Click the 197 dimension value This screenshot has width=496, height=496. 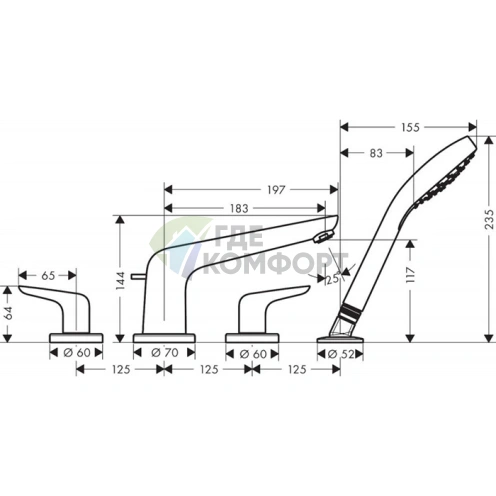pyautogui.click(x=276, y=190)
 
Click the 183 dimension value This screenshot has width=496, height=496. pyautogui.click(x=239, y=209)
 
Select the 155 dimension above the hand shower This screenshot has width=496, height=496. pyautogui.click(x=410, y=127)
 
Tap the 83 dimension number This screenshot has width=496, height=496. pyautogui.click(x=376, y=153)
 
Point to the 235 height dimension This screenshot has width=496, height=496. pyautogui.click(x=489, y=219)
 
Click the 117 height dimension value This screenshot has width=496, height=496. pyautogui.click(x=410, y=275)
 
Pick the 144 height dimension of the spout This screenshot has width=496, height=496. pyautogui.click(x=121, y=280)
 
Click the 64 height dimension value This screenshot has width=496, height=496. pyautogui.click(x=8, y=313)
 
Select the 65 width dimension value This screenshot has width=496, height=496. pyautogui.click(x=48, y=276)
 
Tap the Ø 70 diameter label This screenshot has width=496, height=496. pyautogui.click(x=165, y=353)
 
